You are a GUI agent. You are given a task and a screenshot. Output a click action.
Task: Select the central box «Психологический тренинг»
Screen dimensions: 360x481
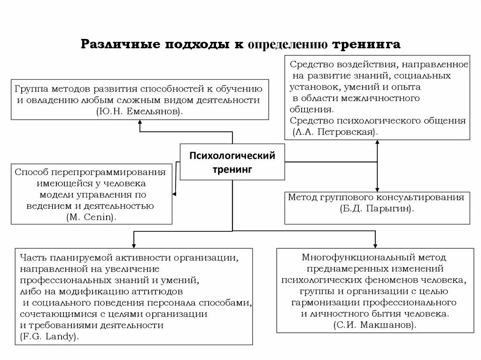pyautogui.click(x=233, y=162)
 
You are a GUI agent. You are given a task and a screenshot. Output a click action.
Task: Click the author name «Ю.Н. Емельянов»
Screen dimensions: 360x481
pyautogui.click(x=140, y=111)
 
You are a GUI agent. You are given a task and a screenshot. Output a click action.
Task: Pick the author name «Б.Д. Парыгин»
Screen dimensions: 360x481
pyautogui.click(x=377, y=208)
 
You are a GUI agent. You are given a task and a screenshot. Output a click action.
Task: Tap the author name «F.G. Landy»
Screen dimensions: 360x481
pyautogui.click(x=49, y=336)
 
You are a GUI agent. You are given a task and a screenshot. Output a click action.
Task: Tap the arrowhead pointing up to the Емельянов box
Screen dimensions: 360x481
pyautogui.click(x=140, y=123)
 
